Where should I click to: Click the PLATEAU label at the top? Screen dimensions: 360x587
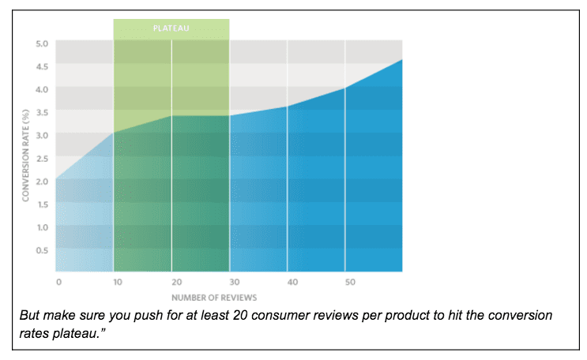pos(171,28)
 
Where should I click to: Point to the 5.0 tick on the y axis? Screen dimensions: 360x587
pos(42,43)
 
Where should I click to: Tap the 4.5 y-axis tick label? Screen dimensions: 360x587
pos(42,66)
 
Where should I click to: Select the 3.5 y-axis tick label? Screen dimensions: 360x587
pos(42,112)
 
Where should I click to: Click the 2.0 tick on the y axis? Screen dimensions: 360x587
pos(42,181)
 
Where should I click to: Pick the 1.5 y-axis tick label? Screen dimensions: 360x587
pos(42,204)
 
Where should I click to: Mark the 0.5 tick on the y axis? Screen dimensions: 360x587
pos(42,250)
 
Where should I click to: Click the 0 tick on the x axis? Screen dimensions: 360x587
pos(58,281)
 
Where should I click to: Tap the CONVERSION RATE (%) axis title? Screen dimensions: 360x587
pos(25,159)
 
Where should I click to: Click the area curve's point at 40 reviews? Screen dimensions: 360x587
pos(287,107)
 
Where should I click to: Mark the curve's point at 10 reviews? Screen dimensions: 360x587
pos(114,133)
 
